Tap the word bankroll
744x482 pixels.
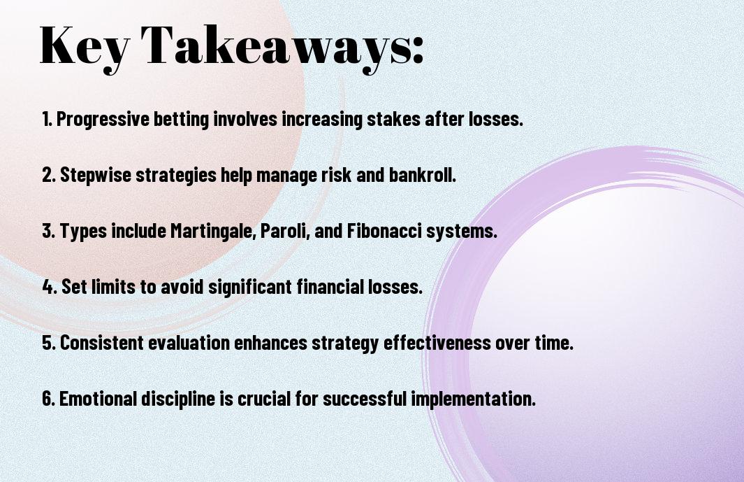[x=422, y=175]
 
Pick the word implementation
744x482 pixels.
[x=473, y=399]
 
